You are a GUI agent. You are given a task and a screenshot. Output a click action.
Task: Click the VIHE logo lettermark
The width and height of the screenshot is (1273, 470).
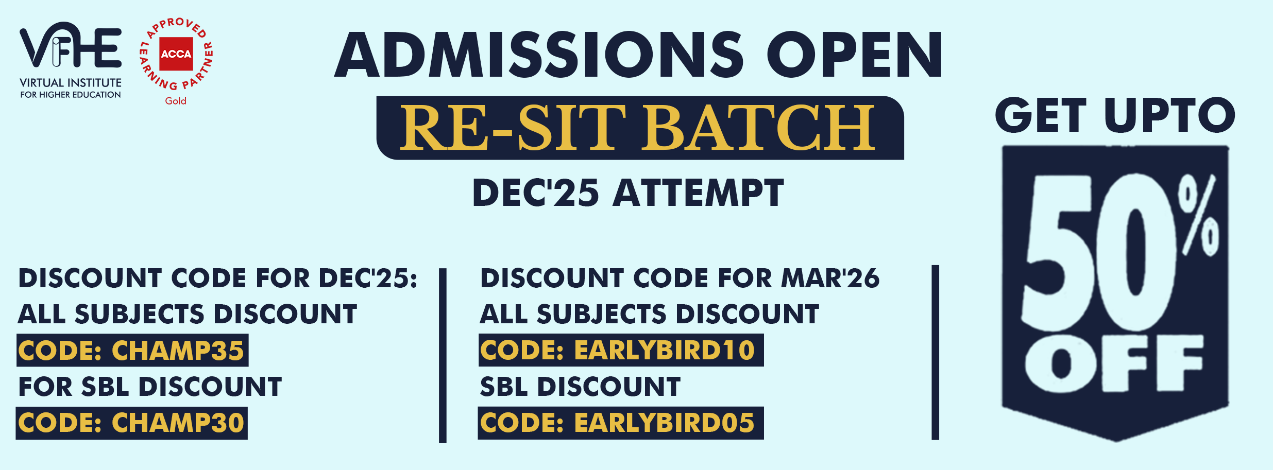tap(71, 45)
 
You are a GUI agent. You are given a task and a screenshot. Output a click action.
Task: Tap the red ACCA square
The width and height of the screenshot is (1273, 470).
tap(176, 54)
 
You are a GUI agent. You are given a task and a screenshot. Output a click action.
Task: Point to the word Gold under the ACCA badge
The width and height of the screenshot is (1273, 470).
tap(176, 101)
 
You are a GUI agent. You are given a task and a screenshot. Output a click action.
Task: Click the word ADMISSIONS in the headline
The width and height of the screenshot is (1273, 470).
tap(539, 55)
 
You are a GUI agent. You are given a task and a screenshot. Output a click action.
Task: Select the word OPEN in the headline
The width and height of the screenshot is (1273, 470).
tap(855, 55)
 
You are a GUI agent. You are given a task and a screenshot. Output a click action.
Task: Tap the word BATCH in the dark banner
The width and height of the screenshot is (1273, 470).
tap(758, 128)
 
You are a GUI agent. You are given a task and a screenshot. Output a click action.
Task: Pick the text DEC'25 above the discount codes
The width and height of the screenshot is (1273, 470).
tap(536, 193)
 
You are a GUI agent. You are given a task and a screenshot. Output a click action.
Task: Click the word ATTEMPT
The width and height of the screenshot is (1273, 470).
tap(699, 193)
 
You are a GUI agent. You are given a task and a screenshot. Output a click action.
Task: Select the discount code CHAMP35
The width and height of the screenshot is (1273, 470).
tap(178, 351)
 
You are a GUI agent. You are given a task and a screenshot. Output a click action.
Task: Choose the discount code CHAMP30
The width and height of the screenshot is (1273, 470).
tap(178, 423)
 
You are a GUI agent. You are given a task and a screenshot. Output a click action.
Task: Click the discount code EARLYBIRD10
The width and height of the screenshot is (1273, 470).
tap(665, 351)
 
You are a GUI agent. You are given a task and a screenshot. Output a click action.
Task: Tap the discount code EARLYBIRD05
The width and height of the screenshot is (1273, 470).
tap(665, 423)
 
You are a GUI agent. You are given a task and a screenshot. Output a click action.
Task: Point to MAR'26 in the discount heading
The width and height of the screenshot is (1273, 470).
tap(830, 278)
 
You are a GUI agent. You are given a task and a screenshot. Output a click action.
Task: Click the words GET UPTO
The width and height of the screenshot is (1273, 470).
tap(1115, 115)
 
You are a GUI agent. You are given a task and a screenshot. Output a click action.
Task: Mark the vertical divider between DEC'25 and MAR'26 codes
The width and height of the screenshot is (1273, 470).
tap(443, 355)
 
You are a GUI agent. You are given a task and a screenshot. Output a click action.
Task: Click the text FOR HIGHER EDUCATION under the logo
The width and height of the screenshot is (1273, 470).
tap(71, 95)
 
